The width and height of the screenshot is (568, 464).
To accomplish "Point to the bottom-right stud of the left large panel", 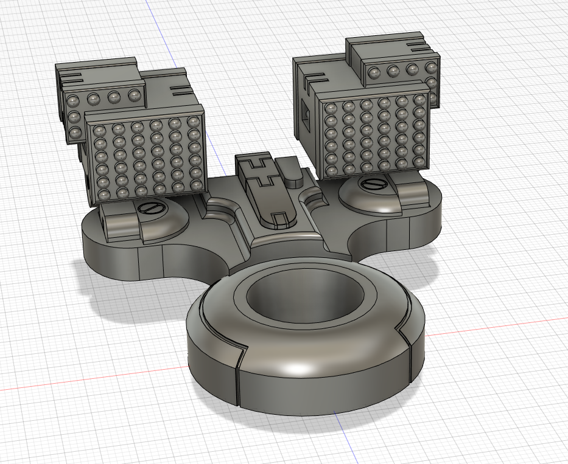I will click(197, 184).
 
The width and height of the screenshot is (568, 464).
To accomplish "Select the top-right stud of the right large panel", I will click(419, 99).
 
